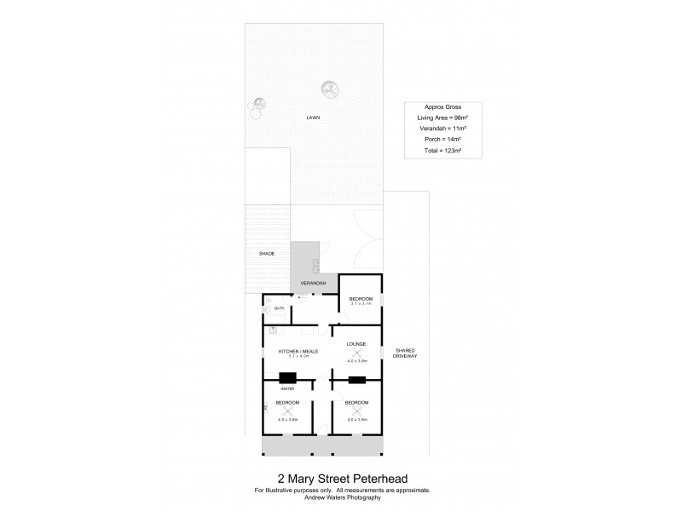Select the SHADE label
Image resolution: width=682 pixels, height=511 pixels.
267,254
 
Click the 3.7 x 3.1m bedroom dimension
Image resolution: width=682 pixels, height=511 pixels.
361,304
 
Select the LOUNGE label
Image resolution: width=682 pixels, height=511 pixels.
356,344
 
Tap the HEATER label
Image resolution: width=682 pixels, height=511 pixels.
286,388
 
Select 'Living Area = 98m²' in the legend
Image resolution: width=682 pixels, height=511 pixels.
442,118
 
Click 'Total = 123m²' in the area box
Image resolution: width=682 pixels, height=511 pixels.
442,150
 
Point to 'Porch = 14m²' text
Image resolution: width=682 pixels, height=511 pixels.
442,139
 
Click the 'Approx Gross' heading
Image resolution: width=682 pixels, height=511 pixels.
442,107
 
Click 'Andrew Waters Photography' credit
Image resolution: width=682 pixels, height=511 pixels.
341,497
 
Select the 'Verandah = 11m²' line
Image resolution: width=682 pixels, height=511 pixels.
442,129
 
